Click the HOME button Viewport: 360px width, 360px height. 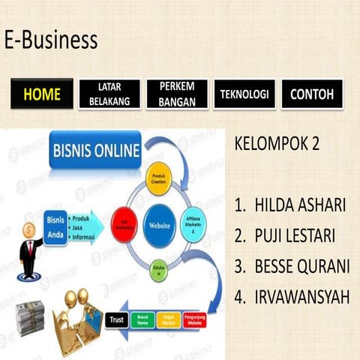tap(41, 94)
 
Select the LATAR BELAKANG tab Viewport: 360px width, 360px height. tap(109, 94)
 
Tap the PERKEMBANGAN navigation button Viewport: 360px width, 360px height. tap(177, 94)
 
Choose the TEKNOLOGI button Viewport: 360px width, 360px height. tap(244, 94)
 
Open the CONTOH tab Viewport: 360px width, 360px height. tap(312, 94)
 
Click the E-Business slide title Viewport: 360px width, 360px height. tap(50, 40)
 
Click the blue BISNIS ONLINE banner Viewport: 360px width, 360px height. tap(95, 151)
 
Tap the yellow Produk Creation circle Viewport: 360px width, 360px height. tap(160, 178)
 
